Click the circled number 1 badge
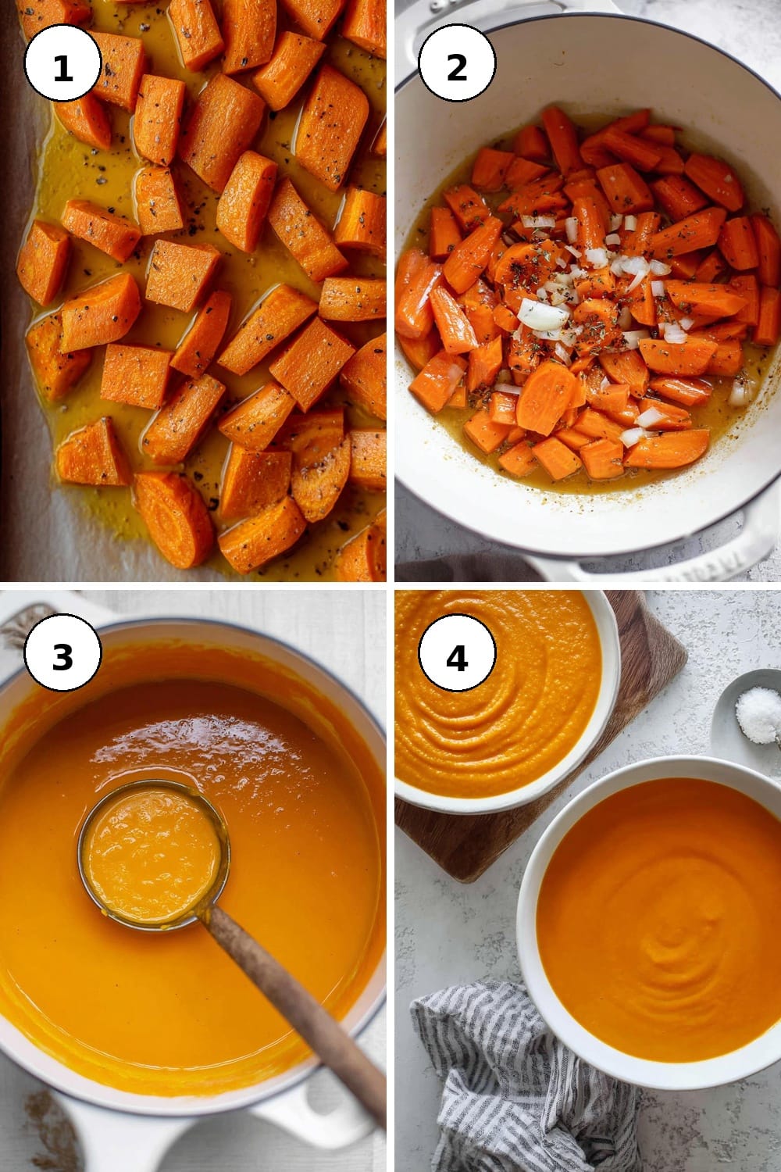click(x=62, y=63)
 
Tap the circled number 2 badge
click(x=457, y=63)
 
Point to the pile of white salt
click(x=758, y=714)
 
